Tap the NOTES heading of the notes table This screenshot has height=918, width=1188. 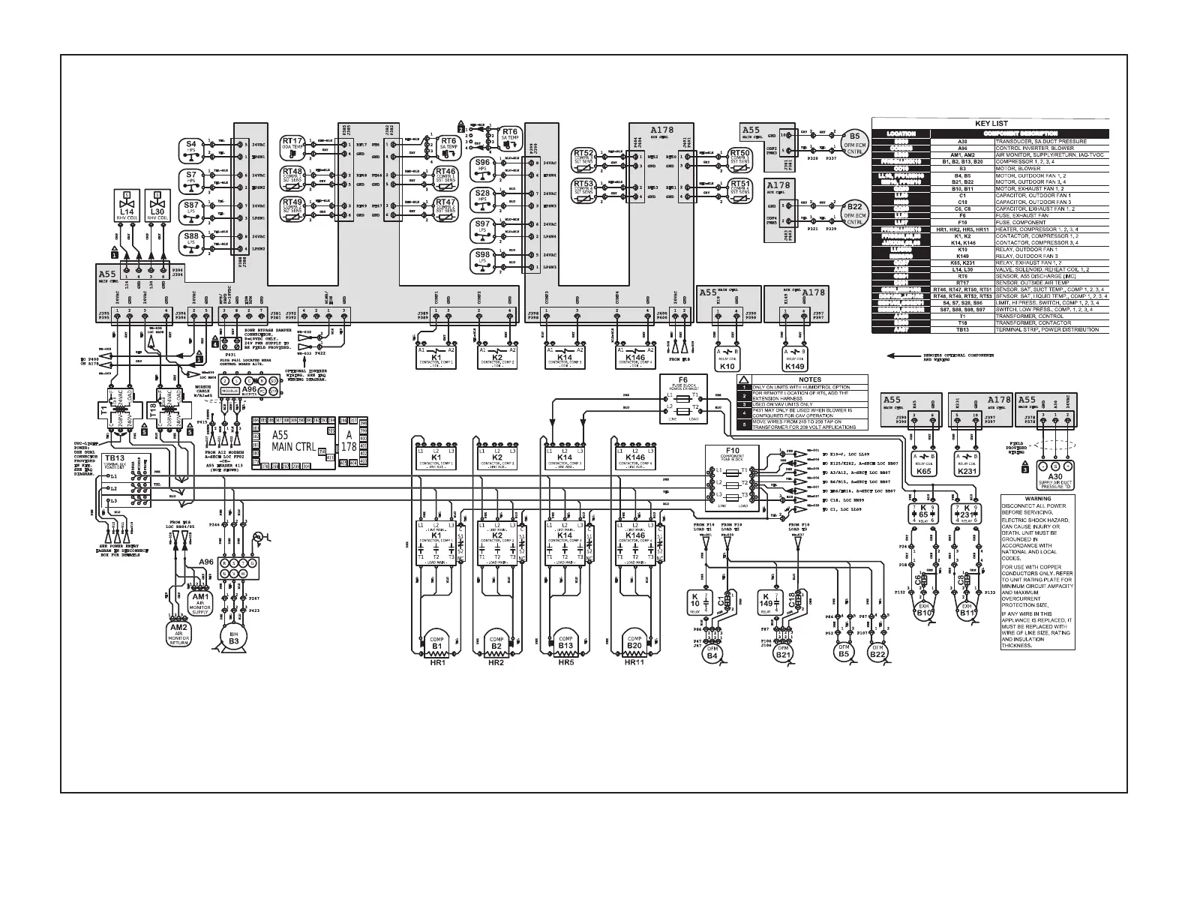pyautogui.click(x=804, y=379)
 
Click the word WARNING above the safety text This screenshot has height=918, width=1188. pyautogui.click(x=1037, y=499)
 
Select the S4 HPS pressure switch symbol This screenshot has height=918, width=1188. pyautogui.click(x=190, y=147)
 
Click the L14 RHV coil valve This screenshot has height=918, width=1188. pyautogui.click(x=127, y=206)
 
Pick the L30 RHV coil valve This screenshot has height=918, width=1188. pyautogui.click(x=157, y=206)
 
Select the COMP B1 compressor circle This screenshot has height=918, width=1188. pyautogui.click(x=437, y=643)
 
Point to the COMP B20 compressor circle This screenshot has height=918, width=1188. pyautogui.click(x=634, y=643)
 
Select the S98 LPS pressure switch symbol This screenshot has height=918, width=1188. pyautogui.click(x=482, y=259)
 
